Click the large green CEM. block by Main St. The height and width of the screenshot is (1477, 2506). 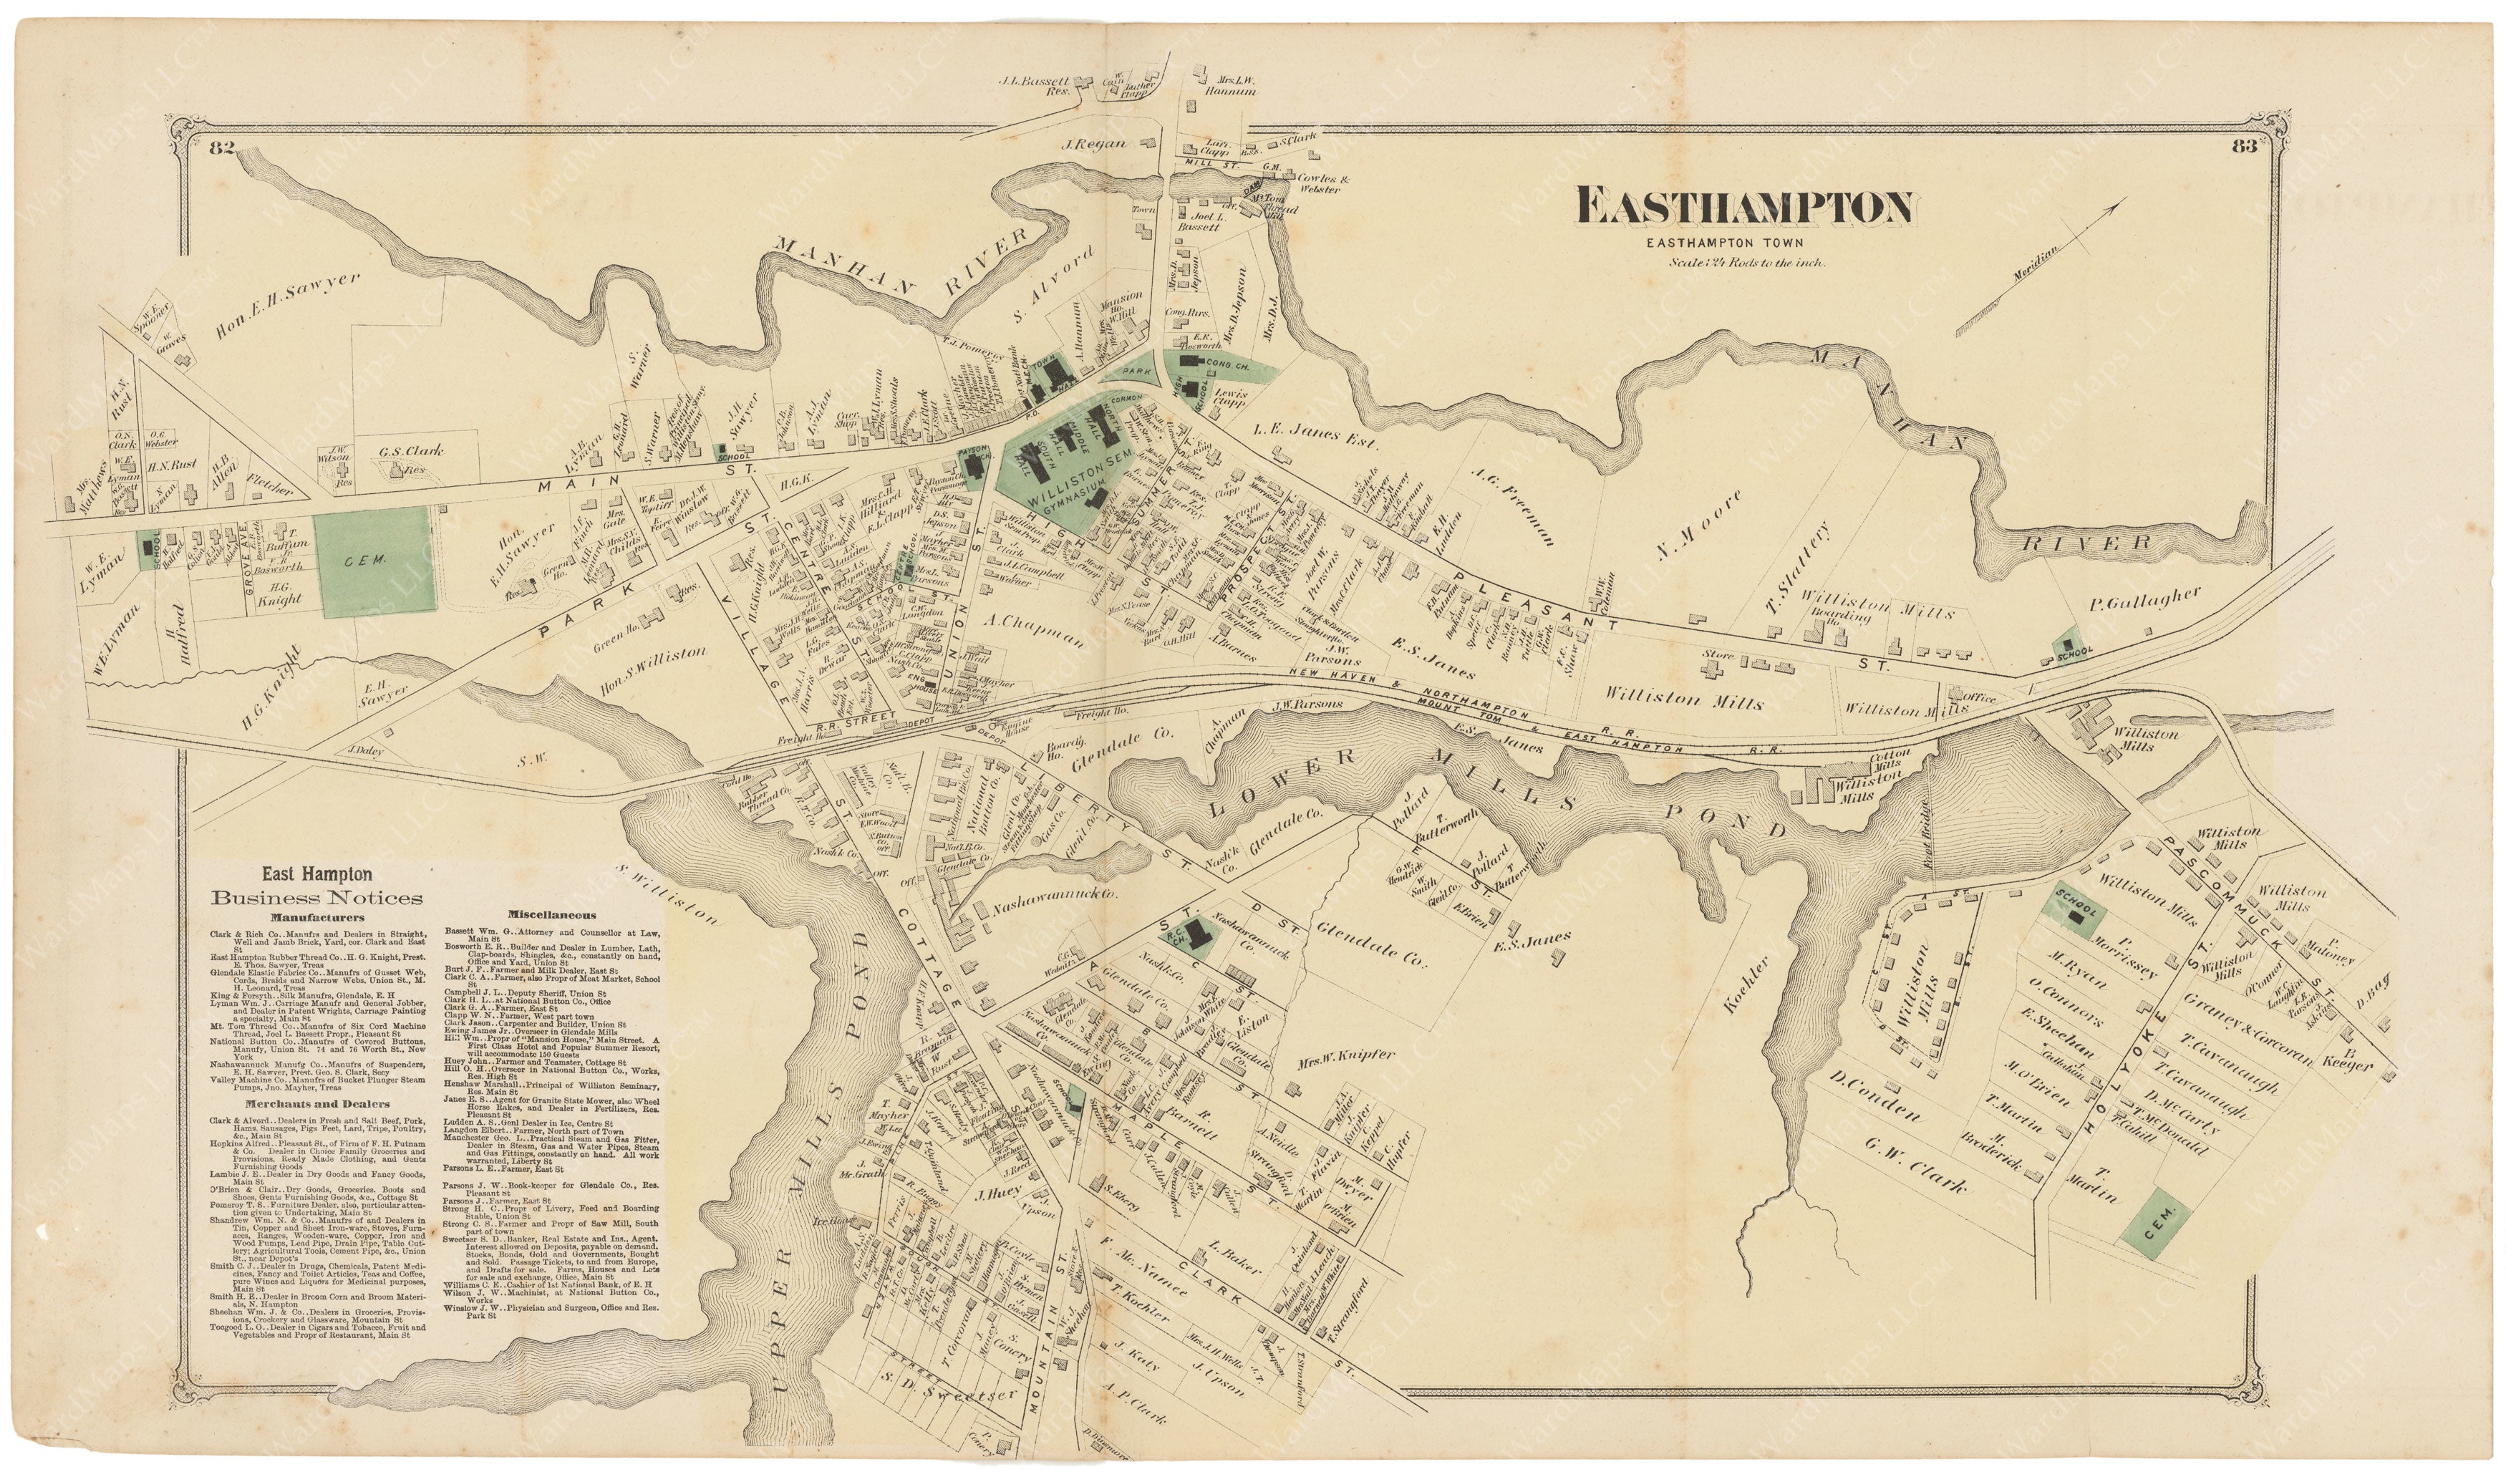(x=375, y=562)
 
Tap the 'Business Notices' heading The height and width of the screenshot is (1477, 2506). (x=316, y=898)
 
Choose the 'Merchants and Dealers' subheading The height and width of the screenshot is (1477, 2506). (x=314, y=1104)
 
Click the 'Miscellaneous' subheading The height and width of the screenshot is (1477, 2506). (x=551, y=914)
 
